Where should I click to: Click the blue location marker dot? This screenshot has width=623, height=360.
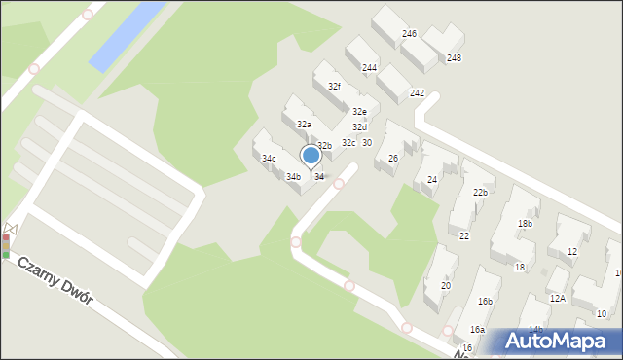pyautogui.click(x=311, y=155)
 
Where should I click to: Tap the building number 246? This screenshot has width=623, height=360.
pyautogui.click(x=410, y=34)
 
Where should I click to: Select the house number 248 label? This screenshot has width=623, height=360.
pyautogui.click(x=454, y=58)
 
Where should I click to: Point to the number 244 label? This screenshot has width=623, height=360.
pyautogui.click(x=370, y=68)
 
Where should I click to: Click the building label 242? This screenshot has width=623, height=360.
pyautogui.click(x=417, y=93)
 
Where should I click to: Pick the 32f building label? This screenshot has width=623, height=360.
pyautogui.click(x=334, y=87)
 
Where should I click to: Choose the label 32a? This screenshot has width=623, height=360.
pyautogui.click(x=304, y=125)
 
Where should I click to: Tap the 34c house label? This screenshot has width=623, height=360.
pyautogui.click(x=269, y=159)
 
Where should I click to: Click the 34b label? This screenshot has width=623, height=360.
pyautogui.click(x=293, y=177)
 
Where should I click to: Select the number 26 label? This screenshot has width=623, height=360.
pyautogui.click(x=393, y=159)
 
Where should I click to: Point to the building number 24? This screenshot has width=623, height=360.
pyautogui.click(x=432, y=180)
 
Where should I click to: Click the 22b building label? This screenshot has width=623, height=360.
pyautogui.click(x=480, y=193)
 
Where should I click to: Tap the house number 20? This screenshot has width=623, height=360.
pyautogui.click(x=446, y=286)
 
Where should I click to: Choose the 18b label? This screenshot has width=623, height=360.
pyautogui.click(x=525, y=224)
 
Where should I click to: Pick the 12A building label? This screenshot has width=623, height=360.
pyautogui.click(x=557, y=299)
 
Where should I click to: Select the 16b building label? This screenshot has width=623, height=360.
pyautogui.click(x=485, y=303)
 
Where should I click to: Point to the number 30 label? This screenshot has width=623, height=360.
pyautogui.click(x=367, y=143)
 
